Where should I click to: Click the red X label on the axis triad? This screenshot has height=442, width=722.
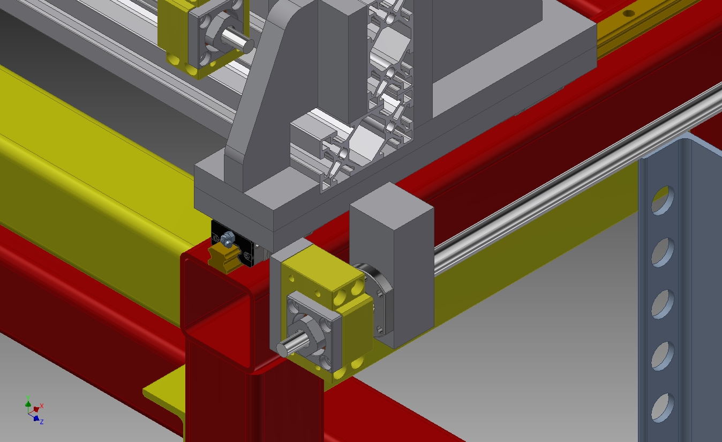(42, 406)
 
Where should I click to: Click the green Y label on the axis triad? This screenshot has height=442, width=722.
(28, 398)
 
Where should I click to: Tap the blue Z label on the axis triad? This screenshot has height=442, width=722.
(42, 421)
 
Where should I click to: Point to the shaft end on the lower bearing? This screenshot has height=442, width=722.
(282, 349)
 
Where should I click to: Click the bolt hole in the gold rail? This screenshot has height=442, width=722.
(628, 13)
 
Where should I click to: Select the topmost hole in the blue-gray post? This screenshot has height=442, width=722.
(663, 200)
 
